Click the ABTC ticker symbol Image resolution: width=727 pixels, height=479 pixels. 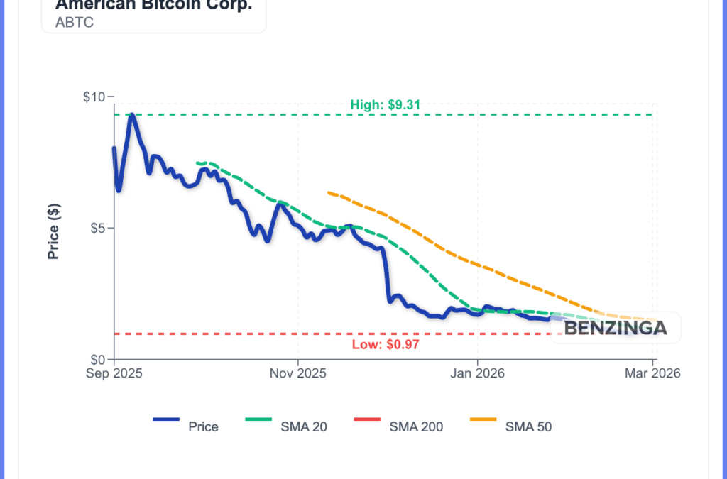point(75,22)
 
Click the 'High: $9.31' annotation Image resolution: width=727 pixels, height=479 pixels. point(386,105)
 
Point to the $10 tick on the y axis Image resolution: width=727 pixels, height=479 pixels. point(94,97)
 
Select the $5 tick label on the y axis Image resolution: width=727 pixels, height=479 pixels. point(97,228)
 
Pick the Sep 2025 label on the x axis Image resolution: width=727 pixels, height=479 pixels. point(114,373)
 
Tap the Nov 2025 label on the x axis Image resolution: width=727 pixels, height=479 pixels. point(298,373)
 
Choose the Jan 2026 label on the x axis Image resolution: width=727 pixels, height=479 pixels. point(477,373)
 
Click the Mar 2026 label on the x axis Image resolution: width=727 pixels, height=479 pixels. point(654,373)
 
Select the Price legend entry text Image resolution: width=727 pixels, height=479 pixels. point(203,426)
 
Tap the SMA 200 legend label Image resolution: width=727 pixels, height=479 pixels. point(416,426)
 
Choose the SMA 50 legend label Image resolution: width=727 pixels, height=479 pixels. point(528,426)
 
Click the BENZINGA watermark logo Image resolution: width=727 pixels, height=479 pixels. point(616,328)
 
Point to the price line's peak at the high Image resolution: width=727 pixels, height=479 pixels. point(131,115)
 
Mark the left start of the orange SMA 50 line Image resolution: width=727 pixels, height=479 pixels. point(328,192)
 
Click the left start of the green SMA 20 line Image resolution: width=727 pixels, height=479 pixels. point(197,163)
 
